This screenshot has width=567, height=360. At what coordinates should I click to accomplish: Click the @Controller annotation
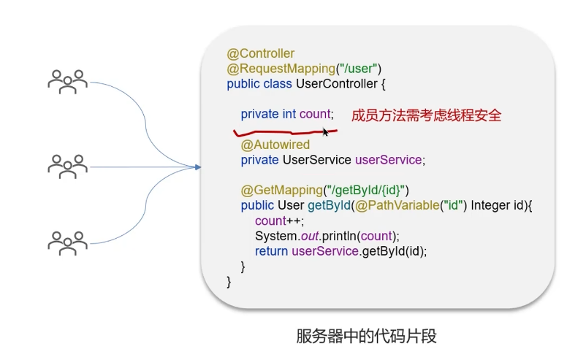[x=260, y=53]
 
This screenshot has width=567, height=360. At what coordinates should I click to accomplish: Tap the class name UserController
[x=337, y=84]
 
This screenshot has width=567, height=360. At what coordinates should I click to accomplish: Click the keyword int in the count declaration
[x=289, y=114]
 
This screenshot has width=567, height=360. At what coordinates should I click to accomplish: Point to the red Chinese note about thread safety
[x=426, y=115]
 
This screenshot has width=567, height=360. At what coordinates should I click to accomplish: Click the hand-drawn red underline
[x=286, y=133]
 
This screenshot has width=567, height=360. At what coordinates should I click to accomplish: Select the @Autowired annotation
[x=275, y=145]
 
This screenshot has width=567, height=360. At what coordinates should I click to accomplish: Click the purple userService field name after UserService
[x=389, y=160]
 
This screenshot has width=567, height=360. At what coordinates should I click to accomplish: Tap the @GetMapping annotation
[x=282, y=190]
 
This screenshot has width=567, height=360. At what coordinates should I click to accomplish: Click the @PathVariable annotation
[x=397, y=205]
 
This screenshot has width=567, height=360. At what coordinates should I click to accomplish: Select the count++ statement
[x=280, y=221]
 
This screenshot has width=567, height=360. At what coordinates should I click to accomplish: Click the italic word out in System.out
[x=310, y=236]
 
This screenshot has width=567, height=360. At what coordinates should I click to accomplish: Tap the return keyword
[x=271, y=251]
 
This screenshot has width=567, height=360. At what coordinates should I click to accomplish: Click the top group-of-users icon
[x=68, y=82]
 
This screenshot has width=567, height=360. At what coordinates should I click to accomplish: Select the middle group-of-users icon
[x=68, y=166]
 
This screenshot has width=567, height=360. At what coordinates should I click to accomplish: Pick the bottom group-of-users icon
[x=68, y=243]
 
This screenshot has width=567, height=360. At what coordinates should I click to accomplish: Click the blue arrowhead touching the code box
[x=197, y=167]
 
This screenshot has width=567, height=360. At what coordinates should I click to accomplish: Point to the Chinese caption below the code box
[x=366, y=336]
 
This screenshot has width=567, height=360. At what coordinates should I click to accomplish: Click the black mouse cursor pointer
[x=325, y=132]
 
